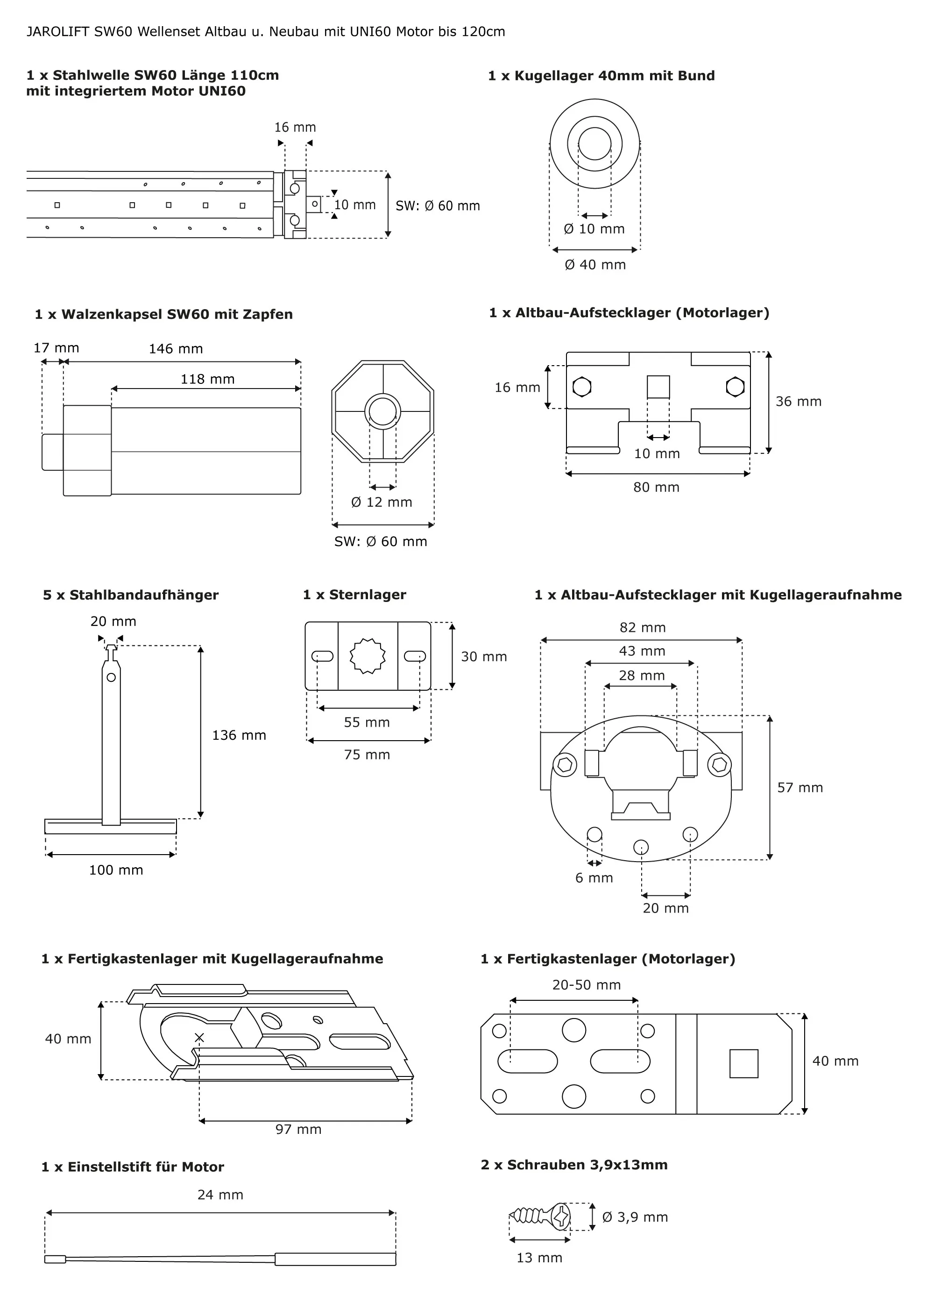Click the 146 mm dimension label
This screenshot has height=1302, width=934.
(x=176, y=349)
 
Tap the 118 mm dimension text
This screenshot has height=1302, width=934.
(x=207, y=380)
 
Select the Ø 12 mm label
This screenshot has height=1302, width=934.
(x=382, y=502)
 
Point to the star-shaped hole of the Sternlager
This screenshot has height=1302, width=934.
(x=368, y=656)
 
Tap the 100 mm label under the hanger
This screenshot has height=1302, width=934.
(x=116, y=870)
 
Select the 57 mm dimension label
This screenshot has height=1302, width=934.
(x=800, y=788)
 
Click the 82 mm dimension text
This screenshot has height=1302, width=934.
(x=643, y=628)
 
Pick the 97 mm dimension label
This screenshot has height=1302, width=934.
(x=298, y=1130)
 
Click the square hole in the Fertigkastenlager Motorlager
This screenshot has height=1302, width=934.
(x=743, y=1064)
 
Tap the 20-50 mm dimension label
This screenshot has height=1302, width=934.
(x=586, y=985)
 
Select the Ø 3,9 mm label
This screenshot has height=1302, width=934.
(x=635, y=1217)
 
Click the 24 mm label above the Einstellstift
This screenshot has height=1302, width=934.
(x=220, y=1195)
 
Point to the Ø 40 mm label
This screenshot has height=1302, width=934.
(x=595, y=265)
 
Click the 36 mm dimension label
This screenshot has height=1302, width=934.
(x=799, y=402)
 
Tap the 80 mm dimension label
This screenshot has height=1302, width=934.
(x=656, y=488)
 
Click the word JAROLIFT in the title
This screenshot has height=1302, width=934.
(x=57, y=32)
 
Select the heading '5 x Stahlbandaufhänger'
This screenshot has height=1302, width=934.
(x=130, y=595)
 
